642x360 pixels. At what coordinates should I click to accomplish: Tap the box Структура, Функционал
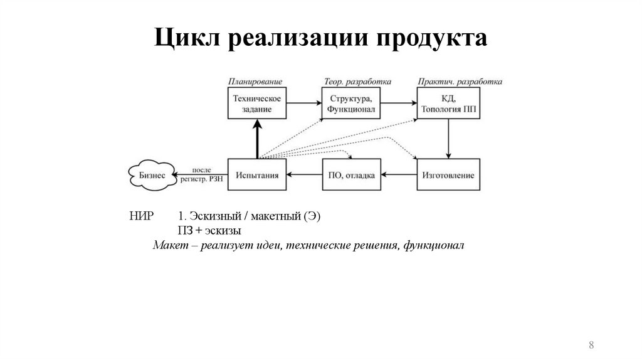351,103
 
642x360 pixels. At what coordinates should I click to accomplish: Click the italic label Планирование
255,82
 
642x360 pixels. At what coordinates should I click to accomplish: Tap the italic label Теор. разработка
357,82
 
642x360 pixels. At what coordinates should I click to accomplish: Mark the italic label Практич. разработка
460,82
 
